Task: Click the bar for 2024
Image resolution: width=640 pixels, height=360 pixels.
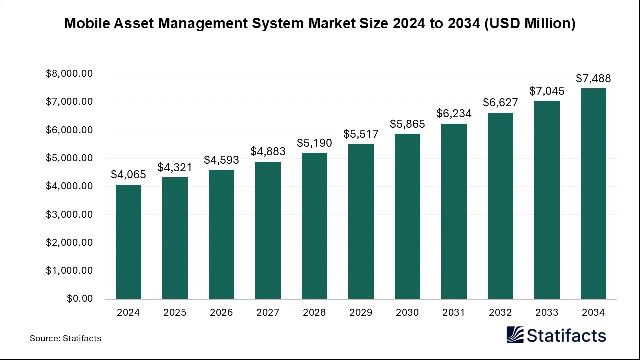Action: [128, 242]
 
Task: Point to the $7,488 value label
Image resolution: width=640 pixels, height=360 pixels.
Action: [593, 78]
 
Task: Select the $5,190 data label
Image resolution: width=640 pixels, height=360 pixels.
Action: [314, 143]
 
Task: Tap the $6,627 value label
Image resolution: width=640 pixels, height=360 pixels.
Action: [500, 102]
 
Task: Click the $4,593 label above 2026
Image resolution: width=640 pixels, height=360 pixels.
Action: [221, 160]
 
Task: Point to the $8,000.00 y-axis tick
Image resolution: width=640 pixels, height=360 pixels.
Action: [69, 74]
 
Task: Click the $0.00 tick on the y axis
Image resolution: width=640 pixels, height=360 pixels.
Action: [80, 299]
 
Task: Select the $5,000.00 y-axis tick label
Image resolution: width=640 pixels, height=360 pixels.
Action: [69, 158]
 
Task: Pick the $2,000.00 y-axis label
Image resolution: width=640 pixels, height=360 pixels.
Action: [69, 243]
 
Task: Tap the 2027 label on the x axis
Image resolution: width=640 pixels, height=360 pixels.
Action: [268, 313]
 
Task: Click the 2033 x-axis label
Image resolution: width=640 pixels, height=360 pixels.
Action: [547, 313]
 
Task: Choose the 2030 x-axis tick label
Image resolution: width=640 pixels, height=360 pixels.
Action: [407, 313]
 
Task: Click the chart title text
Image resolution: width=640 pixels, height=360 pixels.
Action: [320, 24]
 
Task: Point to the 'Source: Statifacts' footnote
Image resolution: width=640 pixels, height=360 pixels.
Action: [65, 338]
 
